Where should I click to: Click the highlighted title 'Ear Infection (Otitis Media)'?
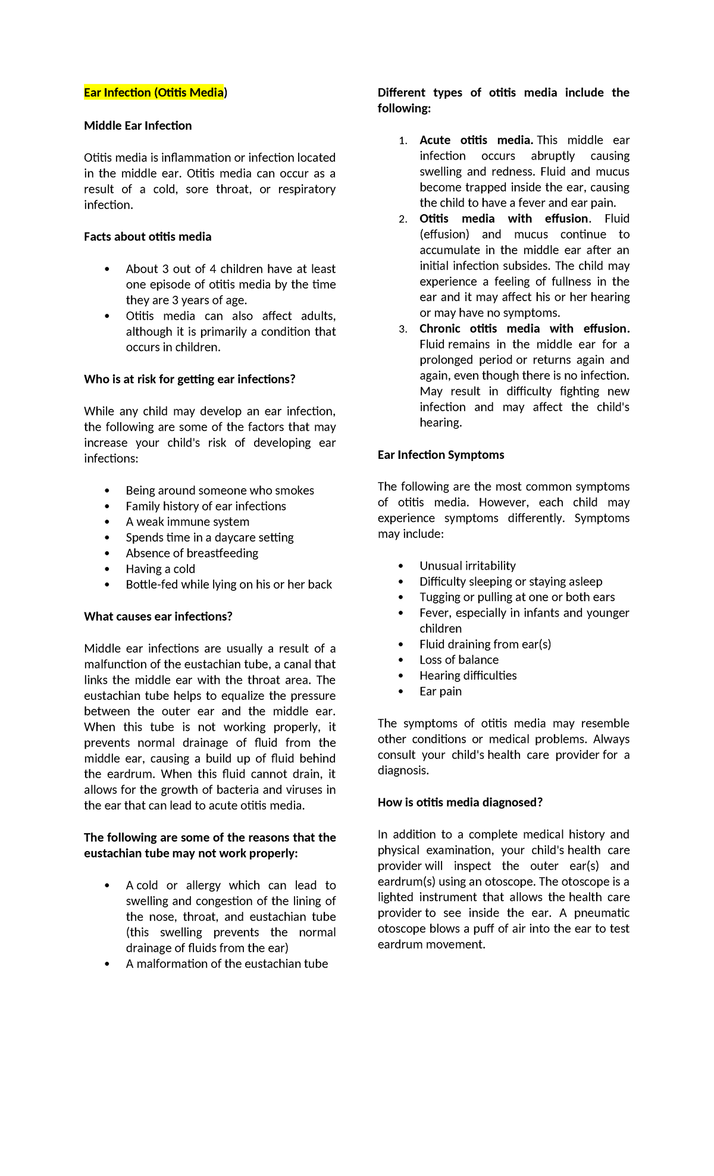[155, 93]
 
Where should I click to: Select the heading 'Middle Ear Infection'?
[137, 126]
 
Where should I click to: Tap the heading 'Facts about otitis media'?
[148, 237]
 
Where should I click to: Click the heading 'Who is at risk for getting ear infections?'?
[189, 380]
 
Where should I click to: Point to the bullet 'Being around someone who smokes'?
[220, 490]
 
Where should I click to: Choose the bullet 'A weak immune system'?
[187, 522]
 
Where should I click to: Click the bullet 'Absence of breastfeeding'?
[192, 553]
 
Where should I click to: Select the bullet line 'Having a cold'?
[160, 569]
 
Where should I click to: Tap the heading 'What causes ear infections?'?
[158, 617]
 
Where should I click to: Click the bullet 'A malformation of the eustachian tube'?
[227, 964]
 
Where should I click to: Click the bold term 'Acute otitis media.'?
[475, 140]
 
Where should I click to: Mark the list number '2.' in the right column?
[403, 219]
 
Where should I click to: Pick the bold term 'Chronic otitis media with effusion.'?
[524, 329]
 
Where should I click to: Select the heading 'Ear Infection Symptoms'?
[440, 455]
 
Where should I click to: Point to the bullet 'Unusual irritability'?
[467, 566]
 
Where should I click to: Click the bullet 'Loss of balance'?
[459, 660]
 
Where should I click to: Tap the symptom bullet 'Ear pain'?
[440, 692]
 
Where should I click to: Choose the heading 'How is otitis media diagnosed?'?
[460, 803]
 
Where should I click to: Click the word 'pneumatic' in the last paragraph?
[602, 914]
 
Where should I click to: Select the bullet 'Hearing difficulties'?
[468, 676]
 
